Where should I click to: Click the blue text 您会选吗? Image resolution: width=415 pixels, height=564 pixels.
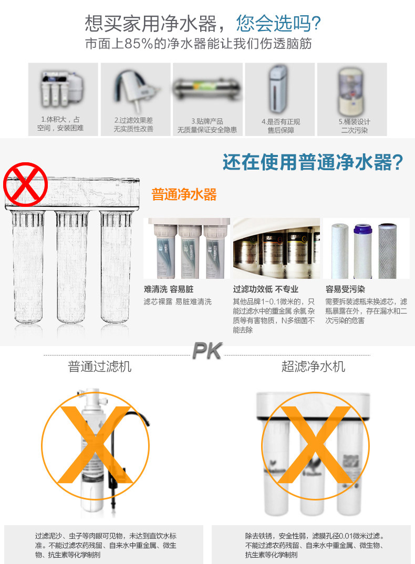point(278,24)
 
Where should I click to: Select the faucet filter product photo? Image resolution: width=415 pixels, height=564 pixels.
point(135,87)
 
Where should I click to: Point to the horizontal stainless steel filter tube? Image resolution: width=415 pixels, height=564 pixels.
point(208,87)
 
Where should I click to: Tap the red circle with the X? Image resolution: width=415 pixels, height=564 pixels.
point(25,185)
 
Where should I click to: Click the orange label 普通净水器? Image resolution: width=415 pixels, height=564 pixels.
point(184,195)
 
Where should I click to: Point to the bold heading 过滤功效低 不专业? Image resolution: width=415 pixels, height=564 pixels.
point(265,289)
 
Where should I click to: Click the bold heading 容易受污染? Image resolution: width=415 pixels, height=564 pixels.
point(345,289)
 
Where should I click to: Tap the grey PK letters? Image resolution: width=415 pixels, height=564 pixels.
point(207,351)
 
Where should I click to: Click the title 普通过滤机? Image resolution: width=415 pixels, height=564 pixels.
point(100,366)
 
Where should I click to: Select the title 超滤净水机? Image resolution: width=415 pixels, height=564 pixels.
point(313,366)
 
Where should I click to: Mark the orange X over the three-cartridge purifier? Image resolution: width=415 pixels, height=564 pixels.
point(314,445)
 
